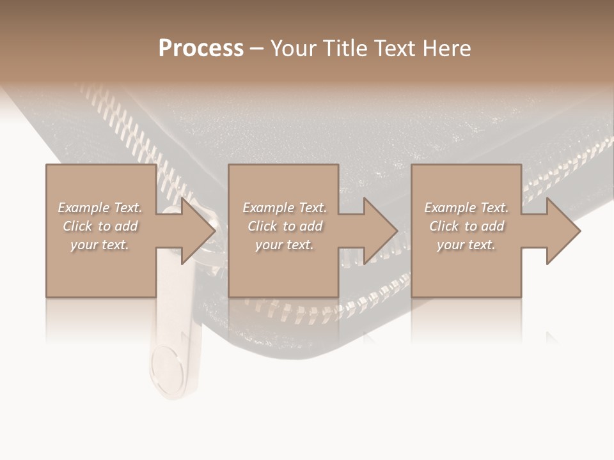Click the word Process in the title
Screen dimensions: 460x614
point(201,49)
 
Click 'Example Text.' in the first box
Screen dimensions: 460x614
point(100,208)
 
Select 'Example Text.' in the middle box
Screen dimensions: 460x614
point(285,208)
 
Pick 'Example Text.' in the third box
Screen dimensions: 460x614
point(466,208)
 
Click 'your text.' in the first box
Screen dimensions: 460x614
point(100,245)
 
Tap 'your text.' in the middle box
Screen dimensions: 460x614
point(285,245)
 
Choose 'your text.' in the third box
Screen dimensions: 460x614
point(466,245)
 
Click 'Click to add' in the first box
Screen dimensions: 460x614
point(100,226)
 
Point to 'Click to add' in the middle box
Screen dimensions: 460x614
point(285,226)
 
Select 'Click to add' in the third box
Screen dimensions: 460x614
point(466,226)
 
